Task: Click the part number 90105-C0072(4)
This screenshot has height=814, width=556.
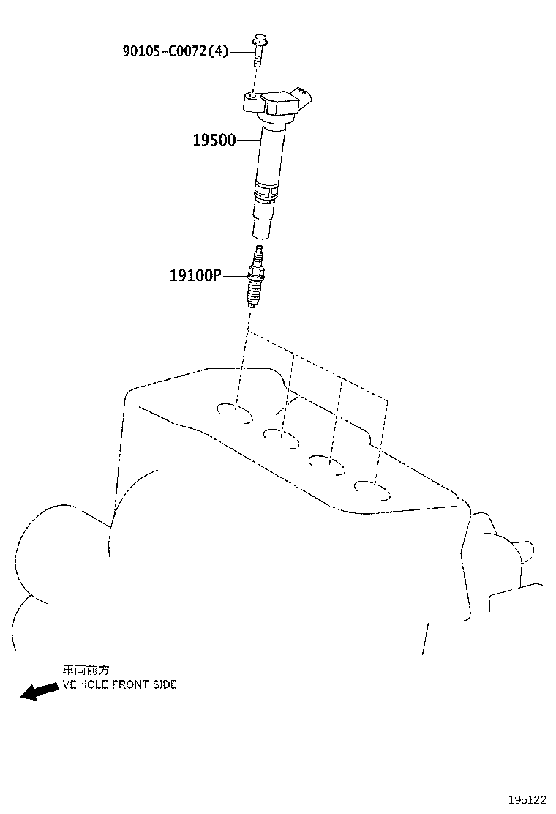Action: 176,51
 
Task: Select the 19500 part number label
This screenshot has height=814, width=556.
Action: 214,140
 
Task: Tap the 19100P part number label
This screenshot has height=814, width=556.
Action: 195,276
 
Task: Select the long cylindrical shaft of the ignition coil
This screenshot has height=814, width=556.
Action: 269,157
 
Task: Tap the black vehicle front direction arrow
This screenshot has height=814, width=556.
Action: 39,691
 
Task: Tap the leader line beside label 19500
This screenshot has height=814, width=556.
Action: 248,140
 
